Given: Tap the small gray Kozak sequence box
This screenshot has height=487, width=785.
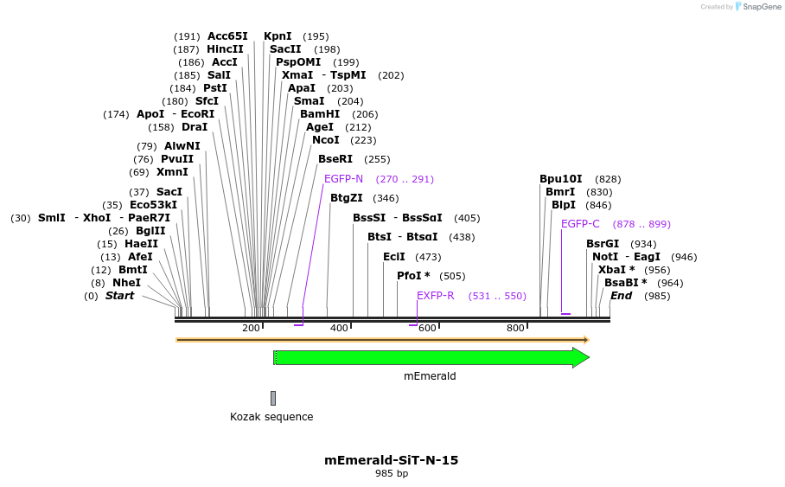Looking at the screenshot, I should coord(273,398).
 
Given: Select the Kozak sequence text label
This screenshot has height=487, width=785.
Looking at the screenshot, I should coord(271,417).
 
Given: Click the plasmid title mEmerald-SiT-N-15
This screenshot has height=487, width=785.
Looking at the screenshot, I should coord(392,460).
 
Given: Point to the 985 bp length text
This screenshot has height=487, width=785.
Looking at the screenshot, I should coord(392,474).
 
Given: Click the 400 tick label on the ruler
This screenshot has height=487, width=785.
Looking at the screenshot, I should coord(339,329).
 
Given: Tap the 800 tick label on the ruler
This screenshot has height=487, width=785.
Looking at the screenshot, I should coord(515,329).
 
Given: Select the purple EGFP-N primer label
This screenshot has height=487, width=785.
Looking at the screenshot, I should coord(343,179).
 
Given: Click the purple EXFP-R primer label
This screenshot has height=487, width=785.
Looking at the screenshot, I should coord(436,296).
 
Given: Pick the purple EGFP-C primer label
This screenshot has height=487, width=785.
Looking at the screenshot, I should coord(580,224).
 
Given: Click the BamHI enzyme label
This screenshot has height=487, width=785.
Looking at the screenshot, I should coord(320,114).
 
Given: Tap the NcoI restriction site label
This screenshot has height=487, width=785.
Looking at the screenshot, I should coord(326,140).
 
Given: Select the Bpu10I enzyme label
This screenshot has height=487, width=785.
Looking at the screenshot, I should coord(561,179).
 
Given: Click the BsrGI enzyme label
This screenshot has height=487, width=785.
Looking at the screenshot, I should coord(603,244).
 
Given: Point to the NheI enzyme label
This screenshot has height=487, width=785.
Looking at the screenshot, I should coord(126,283).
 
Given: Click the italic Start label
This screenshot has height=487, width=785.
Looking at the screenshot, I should coord(120,296).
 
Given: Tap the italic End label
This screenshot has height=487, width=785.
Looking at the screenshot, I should coord(621,296).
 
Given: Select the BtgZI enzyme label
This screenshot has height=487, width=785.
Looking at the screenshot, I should coord(347,198).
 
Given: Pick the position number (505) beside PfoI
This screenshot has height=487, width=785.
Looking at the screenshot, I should coord(452,276).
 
